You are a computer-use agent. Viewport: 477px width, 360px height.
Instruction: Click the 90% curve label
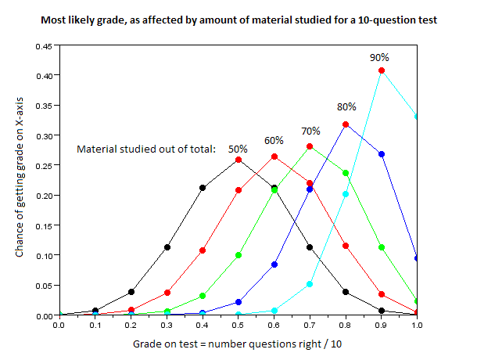point(379,57)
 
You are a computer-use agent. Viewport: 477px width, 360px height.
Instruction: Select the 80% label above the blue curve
point(346,106)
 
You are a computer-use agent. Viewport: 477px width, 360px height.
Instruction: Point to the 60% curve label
point(274,141)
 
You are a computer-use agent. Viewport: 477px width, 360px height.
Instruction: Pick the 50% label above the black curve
point(238,147)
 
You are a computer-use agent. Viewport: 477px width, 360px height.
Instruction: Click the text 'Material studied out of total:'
point(146,148)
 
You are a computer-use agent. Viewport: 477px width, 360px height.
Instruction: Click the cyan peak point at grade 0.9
point(382,71)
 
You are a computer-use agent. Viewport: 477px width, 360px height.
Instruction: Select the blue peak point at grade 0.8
point(346,125)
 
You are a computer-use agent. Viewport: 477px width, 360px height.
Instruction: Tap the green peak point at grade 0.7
point(310,146)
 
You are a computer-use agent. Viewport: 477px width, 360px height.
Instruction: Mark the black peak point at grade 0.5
point(238,160)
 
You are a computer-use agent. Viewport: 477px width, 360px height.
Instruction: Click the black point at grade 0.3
point(167,247)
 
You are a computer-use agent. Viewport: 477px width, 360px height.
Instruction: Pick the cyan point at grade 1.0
point(417,117)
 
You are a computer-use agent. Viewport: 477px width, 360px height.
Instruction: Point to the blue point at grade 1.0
point(417,258)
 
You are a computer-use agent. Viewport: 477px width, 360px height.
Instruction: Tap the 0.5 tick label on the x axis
point(238,325)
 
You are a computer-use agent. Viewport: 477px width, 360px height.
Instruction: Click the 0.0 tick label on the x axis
point(59,325)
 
